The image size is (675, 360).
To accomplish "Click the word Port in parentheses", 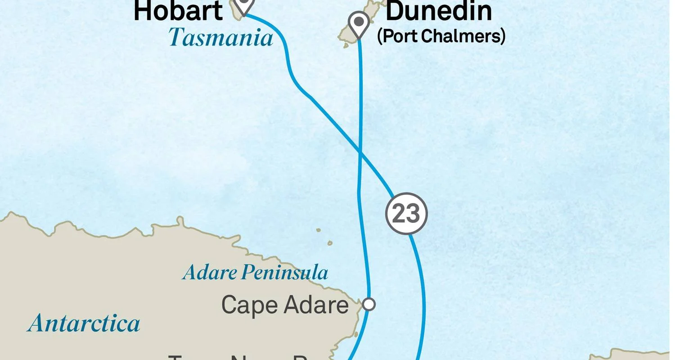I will [397, 36].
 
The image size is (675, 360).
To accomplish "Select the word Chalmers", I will [463, 36].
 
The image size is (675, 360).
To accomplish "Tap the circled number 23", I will [406, 213].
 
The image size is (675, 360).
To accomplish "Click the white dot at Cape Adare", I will [369, 304].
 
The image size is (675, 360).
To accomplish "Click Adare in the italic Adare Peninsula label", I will [210, 273].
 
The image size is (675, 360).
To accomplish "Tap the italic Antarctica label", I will [84, 324].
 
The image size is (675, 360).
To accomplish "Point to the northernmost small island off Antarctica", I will [319, 230].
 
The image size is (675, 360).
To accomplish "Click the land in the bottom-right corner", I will [639, 355].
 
